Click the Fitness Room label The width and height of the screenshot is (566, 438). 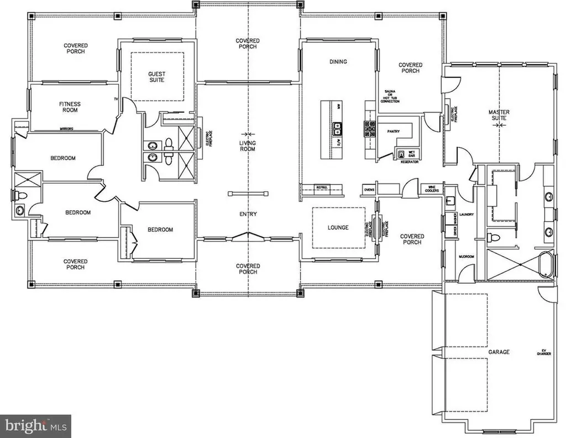(70, 107)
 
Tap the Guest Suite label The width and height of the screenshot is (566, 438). (156, 77)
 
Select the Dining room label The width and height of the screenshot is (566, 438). (338, 61)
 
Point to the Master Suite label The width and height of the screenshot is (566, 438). (499, 116)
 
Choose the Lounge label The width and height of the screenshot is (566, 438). (338, 227)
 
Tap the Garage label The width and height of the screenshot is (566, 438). (499, 352)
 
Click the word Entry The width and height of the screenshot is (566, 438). (248, 214)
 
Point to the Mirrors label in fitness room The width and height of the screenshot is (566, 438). (67, 129)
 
